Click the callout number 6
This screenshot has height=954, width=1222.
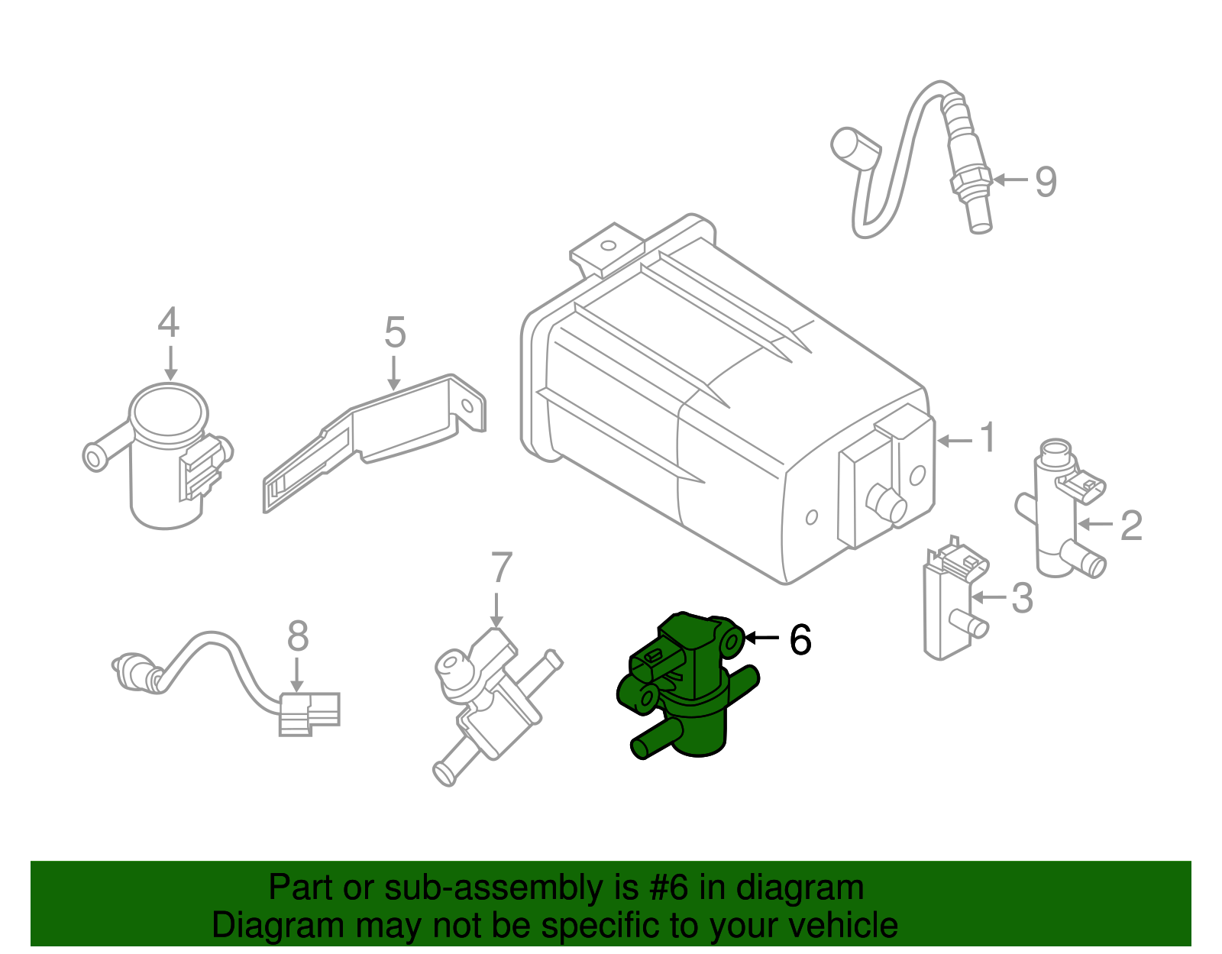click(x=800, y=640)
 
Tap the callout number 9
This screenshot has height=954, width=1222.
click(x=1046, y=182)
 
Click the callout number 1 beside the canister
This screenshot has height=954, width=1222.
click(x=988, y=438)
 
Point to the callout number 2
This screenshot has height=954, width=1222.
click(x=1131, y=526)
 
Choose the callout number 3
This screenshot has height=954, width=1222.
click(x=1022, y=598)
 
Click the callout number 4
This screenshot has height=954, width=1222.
click(x=169, y=323)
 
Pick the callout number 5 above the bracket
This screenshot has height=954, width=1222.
click(x=394, y=333)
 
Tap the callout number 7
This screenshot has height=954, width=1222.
click(x=500, y=568)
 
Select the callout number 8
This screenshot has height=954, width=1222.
click(x=297, y=636)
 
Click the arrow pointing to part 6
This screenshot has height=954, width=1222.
click(x=761, y=638)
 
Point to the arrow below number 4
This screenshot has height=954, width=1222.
click(x=170, y=363)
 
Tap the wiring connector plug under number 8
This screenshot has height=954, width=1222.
click(x=309, y=713)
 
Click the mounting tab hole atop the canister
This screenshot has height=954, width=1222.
click(x=608, y=247)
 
